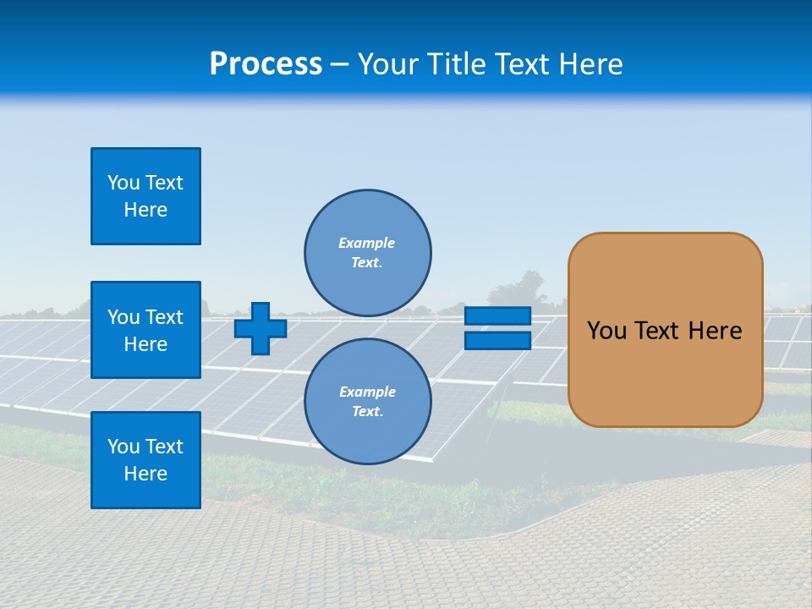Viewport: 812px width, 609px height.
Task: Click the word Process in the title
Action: [x=266, y=63]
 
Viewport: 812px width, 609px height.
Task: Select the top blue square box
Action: [x=145, y=196]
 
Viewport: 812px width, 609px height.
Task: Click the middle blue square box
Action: [x=145, y=330]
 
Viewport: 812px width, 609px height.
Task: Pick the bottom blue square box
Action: [x=145, y=460]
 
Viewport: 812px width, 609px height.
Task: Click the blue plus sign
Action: [x=261, y=328]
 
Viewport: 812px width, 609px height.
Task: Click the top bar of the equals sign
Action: [x=497, y=315]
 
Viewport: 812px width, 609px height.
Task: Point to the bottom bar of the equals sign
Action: [x=497, y=340]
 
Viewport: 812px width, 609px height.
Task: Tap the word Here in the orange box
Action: [x=715, y=331]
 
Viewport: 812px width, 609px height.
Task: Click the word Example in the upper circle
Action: [x=367, y=243]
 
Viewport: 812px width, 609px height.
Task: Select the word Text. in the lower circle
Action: [x=367, y=412]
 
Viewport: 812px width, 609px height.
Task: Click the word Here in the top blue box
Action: [x=145, y=210]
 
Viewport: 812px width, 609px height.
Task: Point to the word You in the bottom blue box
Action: [x=123, y=447]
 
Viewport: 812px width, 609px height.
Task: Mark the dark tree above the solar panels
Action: [x=529, y=288]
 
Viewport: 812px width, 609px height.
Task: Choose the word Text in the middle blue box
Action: [x=164, y=317]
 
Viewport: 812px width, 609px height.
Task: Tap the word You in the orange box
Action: [x=606, y=331]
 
